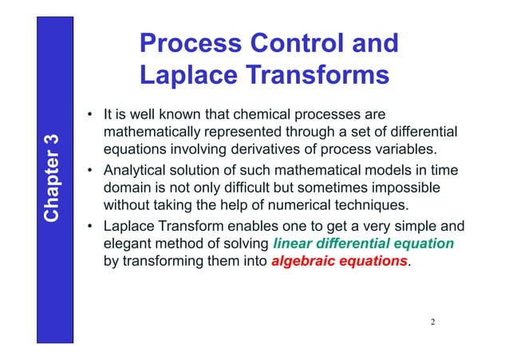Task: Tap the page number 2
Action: tap(432, 322)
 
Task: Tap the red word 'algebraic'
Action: tap(303, 261)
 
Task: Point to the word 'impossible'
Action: tap(406, 188)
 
